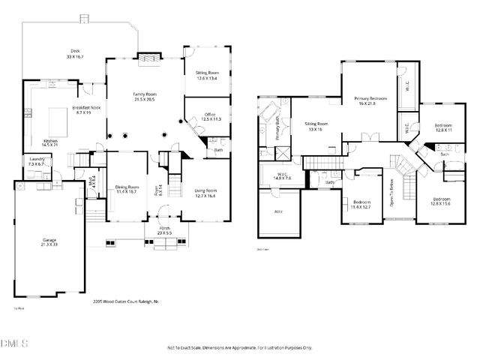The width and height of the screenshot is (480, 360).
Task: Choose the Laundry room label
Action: point(37,161)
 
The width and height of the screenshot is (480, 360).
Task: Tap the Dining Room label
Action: point(127,189)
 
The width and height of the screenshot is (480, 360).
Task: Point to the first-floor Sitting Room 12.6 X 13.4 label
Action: point(206,75)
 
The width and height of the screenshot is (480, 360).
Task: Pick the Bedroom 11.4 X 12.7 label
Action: point(362,204)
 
